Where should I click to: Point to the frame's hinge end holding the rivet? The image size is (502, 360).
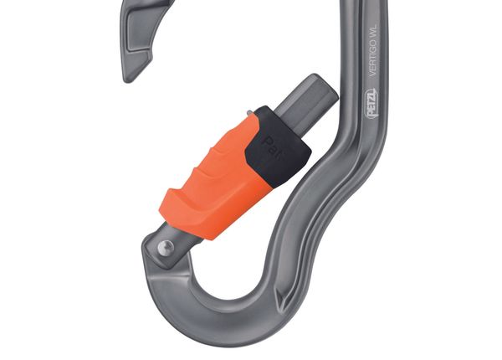[159, 251]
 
